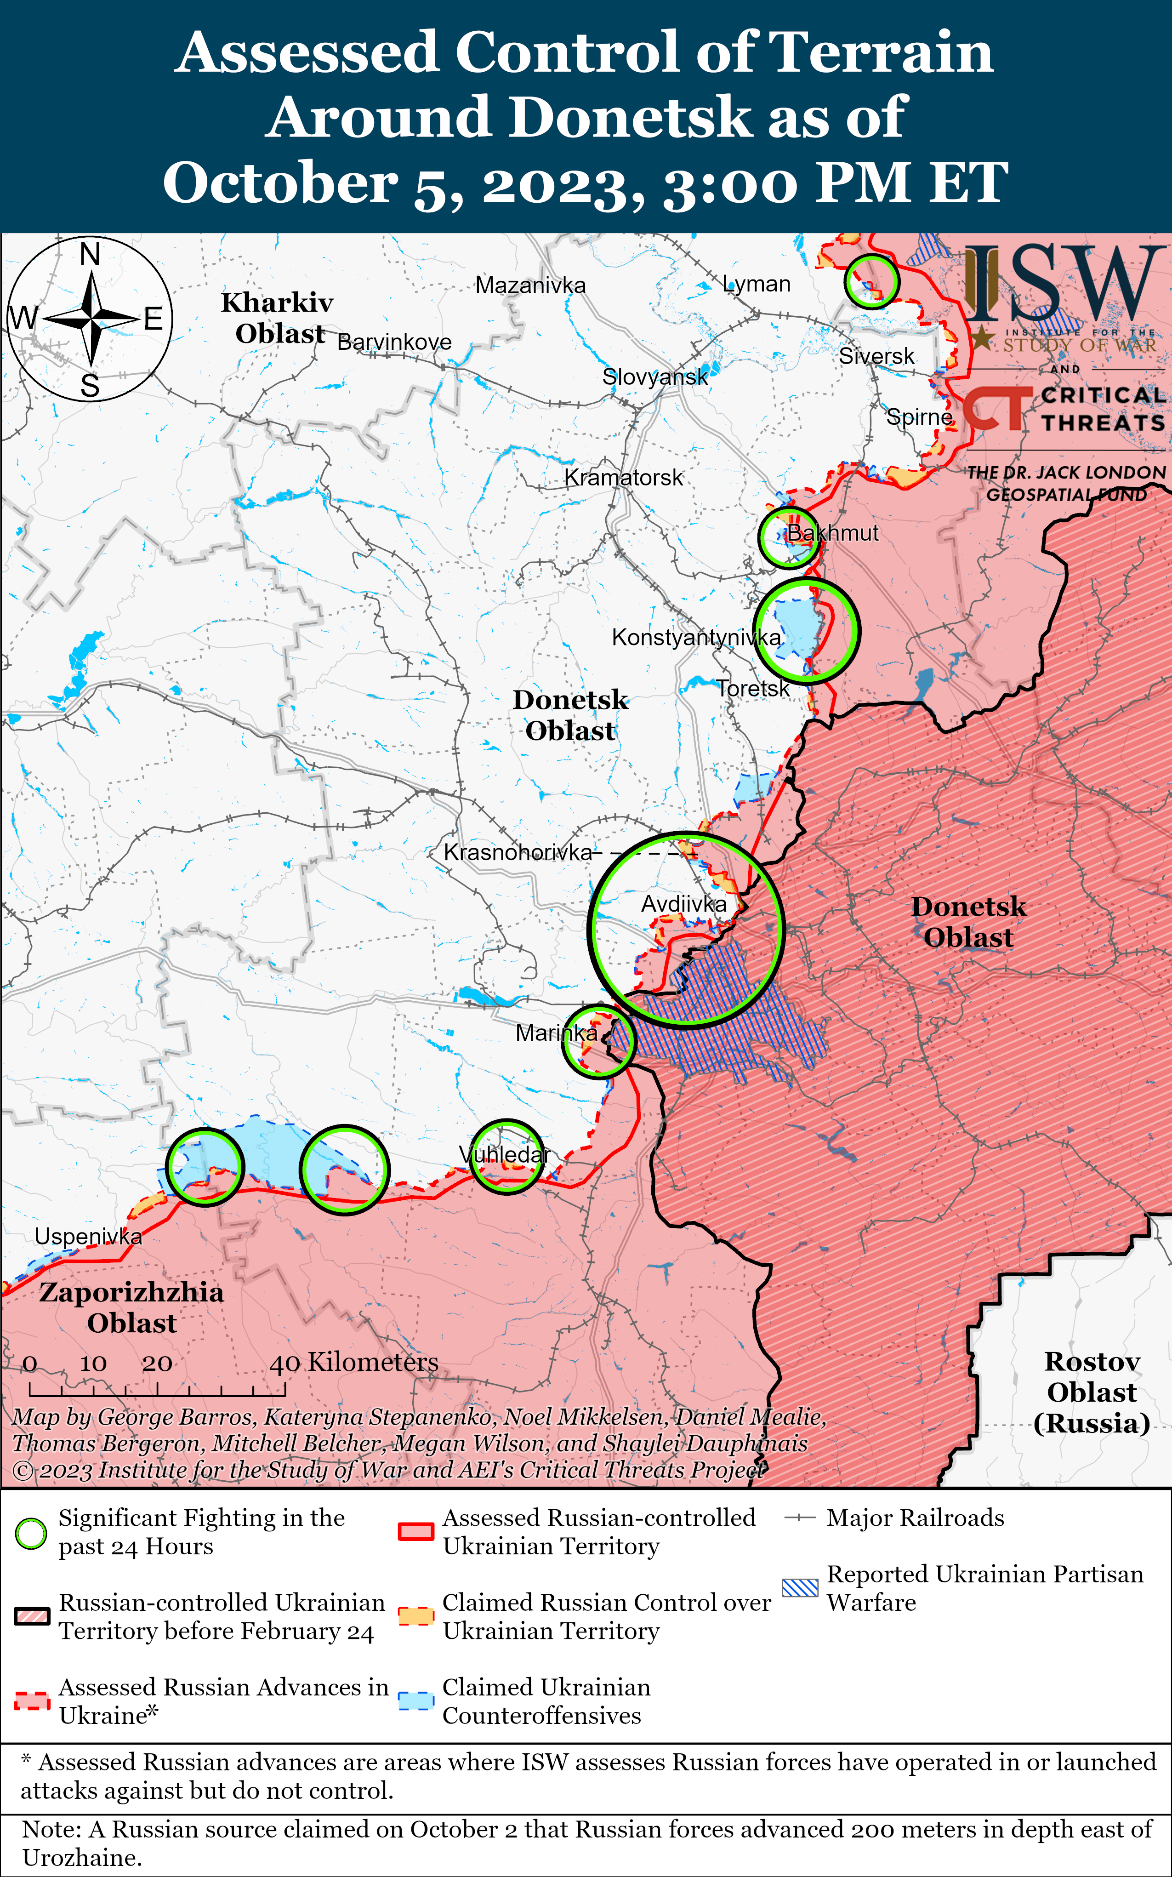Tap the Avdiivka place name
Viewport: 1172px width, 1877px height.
click(x=684, y=903)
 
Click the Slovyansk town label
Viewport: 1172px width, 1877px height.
click(x=655, y=377)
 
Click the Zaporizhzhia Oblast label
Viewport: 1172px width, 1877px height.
click(x=131, y=1307)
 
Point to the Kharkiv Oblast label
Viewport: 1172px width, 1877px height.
click(x=278, y=317)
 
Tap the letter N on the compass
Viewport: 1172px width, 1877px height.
click(x=91, y=254)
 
